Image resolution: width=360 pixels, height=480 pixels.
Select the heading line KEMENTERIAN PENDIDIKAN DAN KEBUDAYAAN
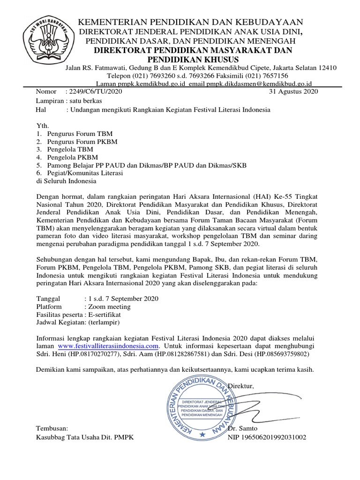coord(190,22)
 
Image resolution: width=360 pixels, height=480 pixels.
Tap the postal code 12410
coord(327,67)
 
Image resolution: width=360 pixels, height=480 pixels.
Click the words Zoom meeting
coord(107,307)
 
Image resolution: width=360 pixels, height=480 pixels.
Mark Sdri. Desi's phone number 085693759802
coord(288,353)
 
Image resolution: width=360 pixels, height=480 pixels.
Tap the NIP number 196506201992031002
coord(275,437)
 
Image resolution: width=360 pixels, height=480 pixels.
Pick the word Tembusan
coord(52,428)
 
